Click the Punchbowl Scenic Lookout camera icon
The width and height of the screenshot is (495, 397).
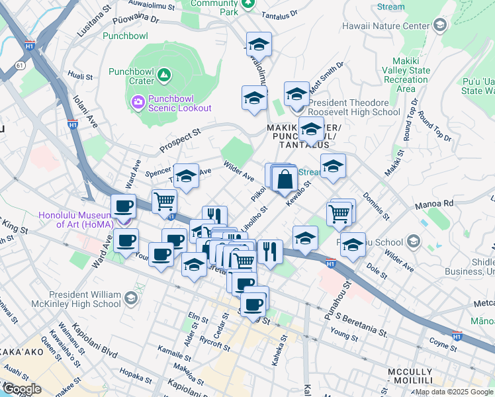click(138, 101)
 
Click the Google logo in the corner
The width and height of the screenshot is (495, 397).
click(21, 389)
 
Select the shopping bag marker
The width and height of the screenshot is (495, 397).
click(285, 180)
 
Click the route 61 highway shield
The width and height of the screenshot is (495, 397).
click(22, 66)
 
